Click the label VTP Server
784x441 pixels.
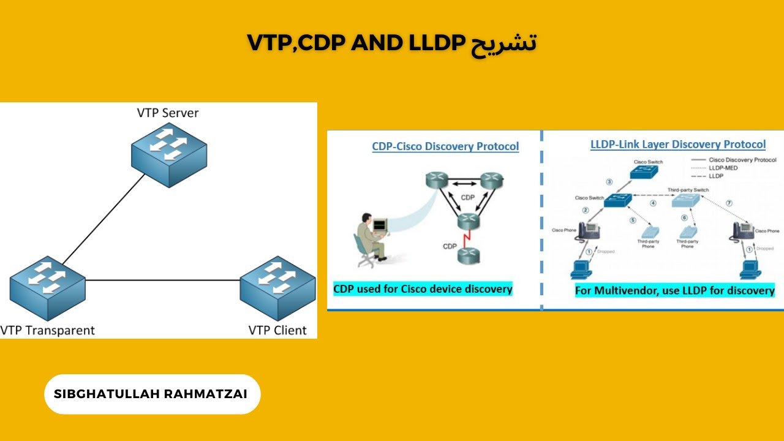point(168,113)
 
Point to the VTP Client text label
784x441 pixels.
point(277,330)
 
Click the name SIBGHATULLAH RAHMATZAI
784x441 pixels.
point(151,394)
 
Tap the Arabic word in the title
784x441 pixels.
point(503,43)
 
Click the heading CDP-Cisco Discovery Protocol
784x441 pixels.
point(445,146)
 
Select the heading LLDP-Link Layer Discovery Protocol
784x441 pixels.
point(677,145)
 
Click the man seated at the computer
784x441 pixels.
point(369,239)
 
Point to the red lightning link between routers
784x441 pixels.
point(467,238)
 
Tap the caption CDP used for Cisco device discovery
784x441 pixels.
point(423,288)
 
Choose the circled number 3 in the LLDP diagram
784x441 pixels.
point(609,181)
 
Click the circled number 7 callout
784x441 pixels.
point(728,203)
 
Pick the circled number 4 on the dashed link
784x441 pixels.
point(653,203)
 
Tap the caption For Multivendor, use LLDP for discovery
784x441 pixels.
point(674,290)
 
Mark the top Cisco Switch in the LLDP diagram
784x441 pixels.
point(648,171)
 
